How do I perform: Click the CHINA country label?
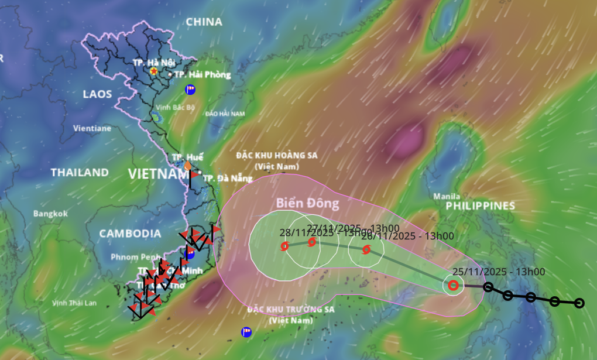(204, 22)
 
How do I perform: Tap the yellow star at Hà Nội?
(154, 71)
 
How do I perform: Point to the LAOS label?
(97, 94)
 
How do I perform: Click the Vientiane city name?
(92, 128)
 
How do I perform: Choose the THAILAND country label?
(80, 173)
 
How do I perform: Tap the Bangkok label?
(50, 214)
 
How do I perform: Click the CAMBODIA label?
(130, 234)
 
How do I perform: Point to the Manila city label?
(446, 197)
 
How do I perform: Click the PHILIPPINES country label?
(481, 206)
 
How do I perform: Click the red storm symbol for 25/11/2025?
(453, 286)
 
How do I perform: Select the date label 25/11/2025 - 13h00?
(499, 272)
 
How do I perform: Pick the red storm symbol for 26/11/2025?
(366, 250)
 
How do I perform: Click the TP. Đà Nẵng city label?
(224, 178)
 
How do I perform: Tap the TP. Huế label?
(188, 158)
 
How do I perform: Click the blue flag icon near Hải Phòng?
(190, 90)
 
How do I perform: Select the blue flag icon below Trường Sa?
(246, 332)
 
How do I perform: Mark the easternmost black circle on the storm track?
(579, 303)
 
